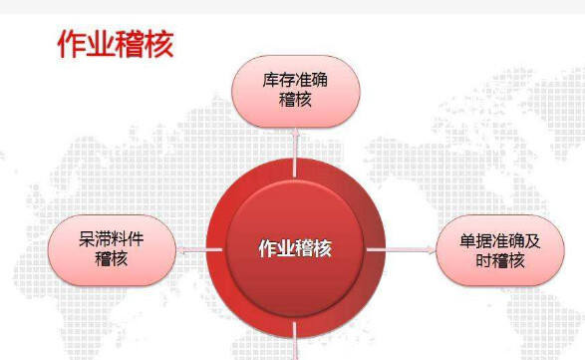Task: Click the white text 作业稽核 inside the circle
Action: (295, 248)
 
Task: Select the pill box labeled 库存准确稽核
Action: (294, 91)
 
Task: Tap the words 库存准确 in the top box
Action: (294, 81)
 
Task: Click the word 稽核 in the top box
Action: (294, 101)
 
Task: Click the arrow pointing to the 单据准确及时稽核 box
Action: (409, 249)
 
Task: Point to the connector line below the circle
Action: (296, 345)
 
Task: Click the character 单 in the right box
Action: (466, 240)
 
